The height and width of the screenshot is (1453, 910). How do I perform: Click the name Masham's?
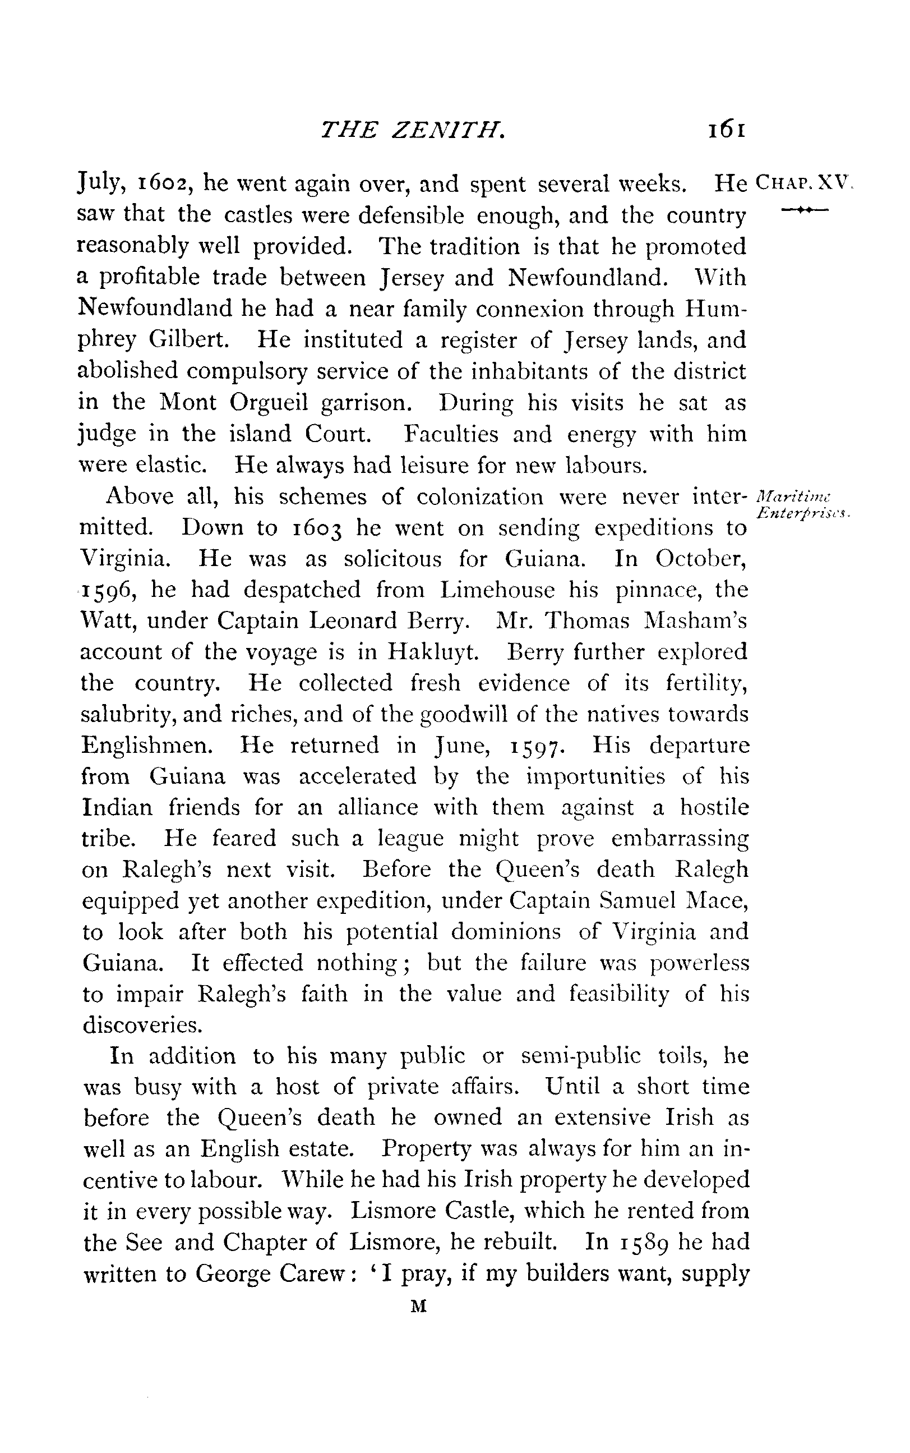(695, 621)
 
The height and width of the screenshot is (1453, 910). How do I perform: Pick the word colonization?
(480, 497)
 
